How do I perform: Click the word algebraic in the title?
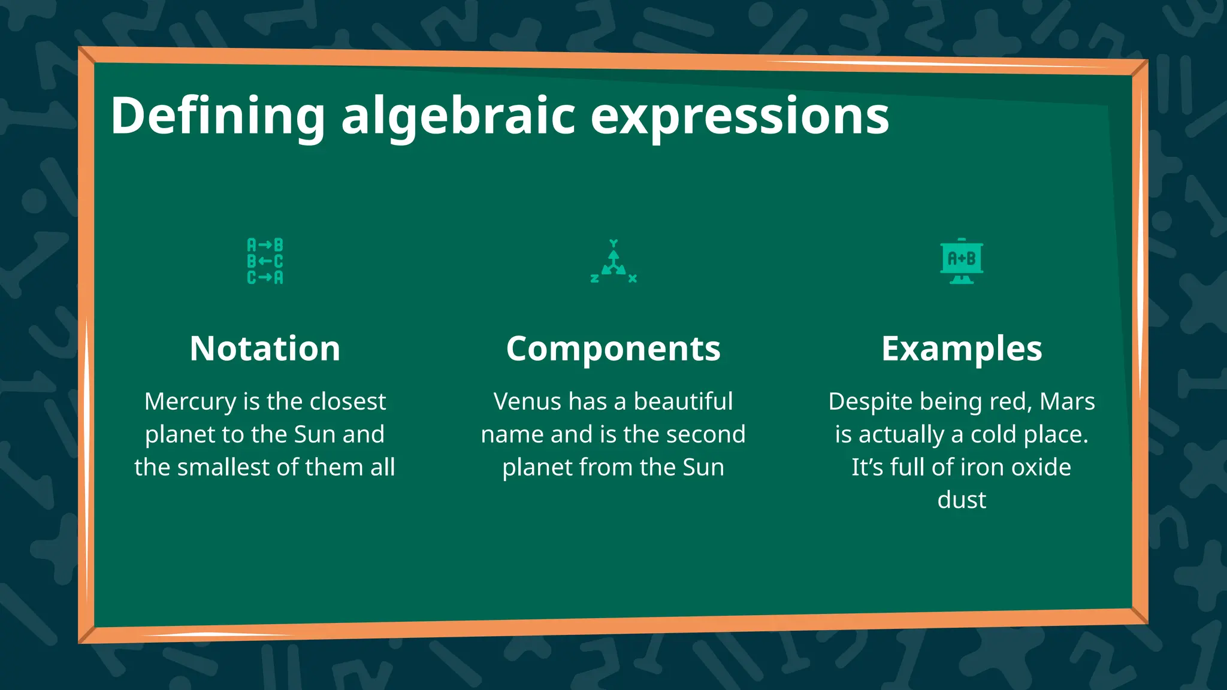point(458,116)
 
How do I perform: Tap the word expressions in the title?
point(739,116)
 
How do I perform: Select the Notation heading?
point(265,348)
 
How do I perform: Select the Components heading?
point(613,348)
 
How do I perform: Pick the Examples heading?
point(962,348)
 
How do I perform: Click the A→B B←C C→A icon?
point(265,261)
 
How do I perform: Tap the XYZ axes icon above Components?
point(613,262)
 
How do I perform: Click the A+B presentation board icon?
point(962,261)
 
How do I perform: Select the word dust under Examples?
point(962,500)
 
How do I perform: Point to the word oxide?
point(1042,468)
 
